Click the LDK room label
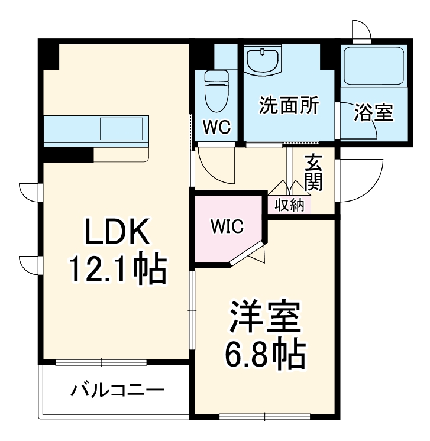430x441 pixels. click(x=116, y=234)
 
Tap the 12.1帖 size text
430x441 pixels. click(x=116, y=270)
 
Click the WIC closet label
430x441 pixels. click(x=228, y=227)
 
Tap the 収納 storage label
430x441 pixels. click(x=289, y=205)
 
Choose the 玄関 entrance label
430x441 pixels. click(x=313, y=173)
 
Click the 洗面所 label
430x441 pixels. click(x=289, y=106)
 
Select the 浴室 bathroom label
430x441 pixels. click(x=373, y=112)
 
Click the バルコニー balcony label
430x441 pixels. click(x=118, y=391)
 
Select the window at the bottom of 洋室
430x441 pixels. click(x=264, y=417)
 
